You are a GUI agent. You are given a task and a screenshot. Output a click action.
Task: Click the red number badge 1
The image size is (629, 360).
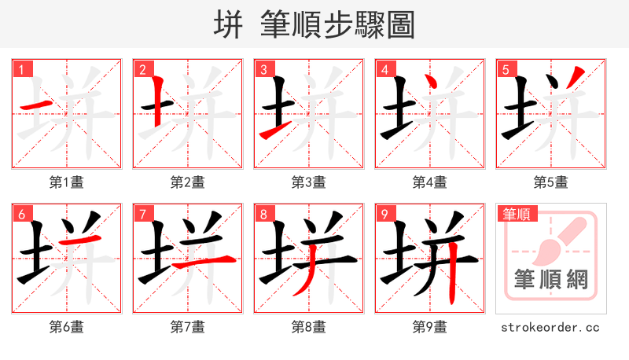pos(21,69)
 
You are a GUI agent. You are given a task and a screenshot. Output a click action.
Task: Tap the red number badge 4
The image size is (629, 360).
pos(384,69)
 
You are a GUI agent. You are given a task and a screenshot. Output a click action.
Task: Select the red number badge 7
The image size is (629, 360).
pos(142,214)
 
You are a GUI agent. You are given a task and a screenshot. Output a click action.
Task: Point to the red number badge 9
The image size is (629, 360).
pos(384,214)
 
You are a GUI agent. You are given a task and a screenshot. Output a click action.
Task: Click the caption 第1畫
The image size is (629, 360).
pos(67,182)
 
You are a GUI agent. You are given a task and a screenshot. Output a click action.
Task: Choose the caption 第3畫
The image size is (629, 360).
pos(309,182)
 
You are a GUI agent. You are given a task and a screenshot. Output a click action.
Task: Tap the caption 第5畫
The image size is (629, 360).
pos(551,182)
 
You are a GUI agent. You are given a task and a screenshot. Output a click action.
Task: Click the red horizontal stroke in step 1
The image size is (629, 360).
pos(35,105)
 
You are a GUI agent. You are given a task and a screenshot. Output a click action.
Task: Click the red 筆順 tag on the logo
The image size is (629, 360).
pos(517,214)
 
